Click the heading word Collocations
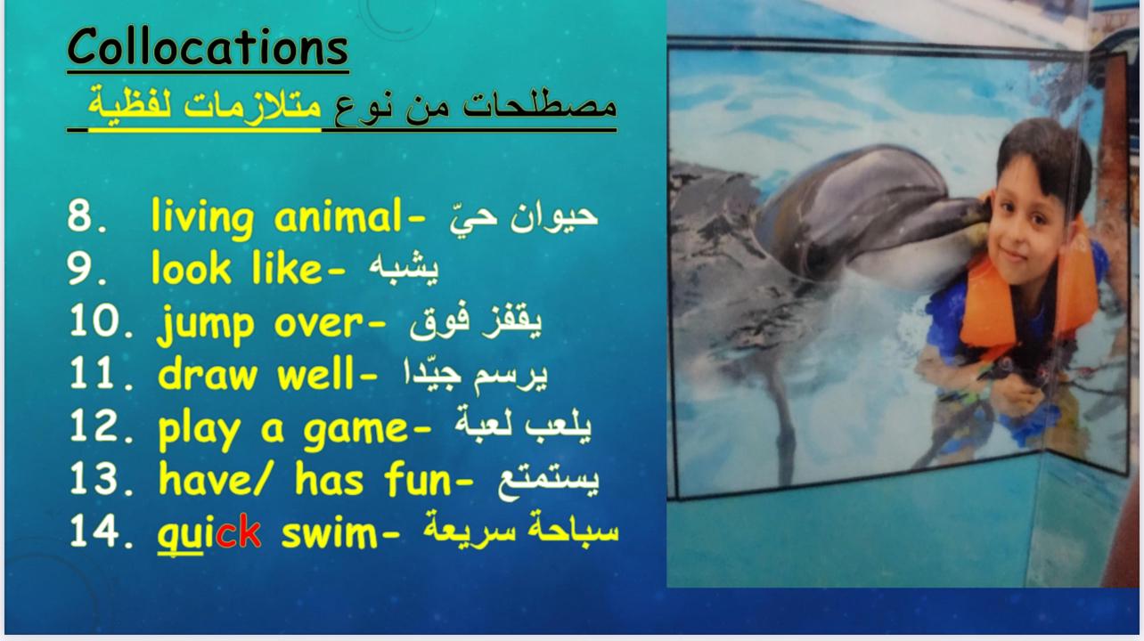click(208, 47)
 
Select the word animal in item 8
click(338, 216)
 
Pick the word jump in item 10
click(205, 325)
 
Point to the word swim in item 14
click(330, 532)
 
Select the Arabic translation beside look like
click(404, 267)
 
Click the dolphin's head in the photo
click(868, 215)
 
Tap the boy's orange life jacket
click(1026, 291)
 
